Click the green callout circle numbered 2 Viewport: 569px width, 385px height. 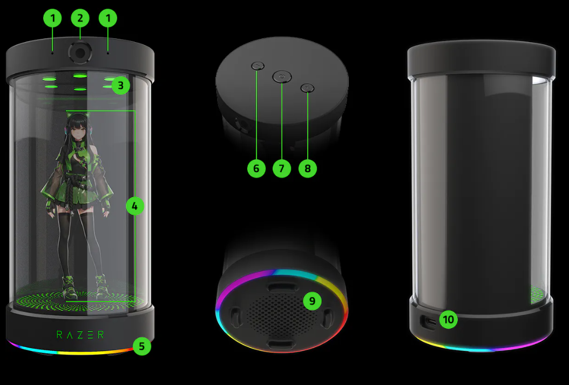80,18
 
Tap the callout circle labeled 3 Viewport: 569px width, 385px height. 120,86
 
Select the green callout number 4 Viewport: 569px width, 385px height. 134,206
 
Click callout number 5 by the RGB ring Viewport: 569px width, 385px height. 142,346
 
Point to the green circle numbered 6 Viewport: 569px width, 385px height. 256,168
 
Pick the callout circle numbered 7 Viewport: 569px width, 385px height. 282,168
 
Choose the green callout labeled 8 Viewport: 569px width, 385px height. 308,168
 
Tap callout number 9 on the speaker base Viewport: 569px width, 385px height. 312,301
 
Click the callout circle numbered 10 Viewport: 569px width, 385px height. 449,319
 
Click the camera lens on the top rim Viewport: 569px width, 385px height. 80,53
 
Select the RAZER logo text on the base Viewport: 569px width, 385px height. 80,335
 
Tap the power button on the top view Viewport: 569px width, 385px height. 282,77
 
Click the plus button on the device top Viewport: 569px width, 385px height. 308,88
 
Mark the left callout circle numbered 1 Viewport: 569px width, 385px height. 52,18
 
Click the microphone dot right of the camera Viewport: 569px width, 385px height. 108,53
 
